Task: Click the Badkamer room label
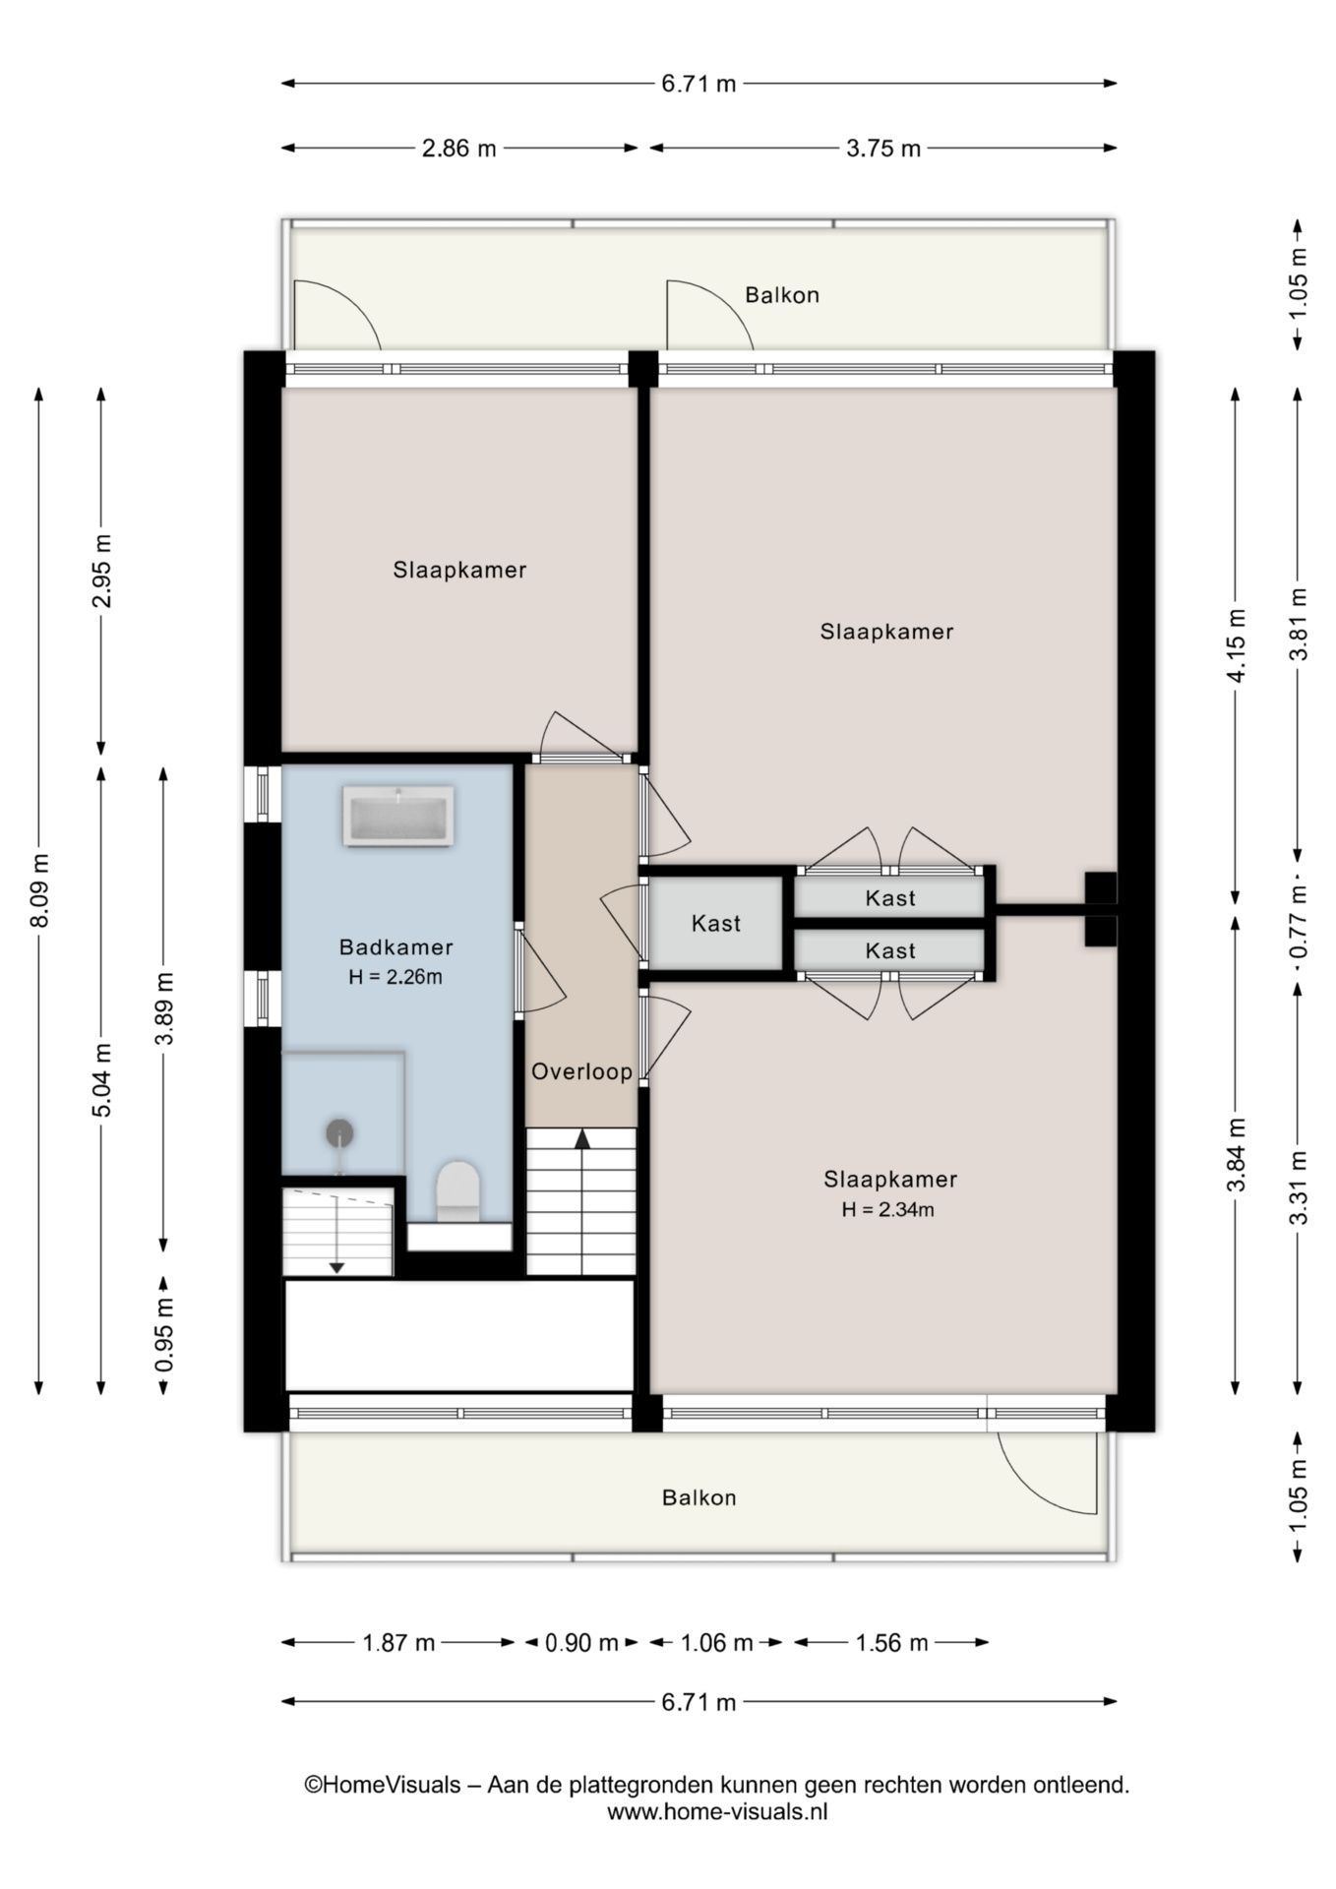point(395,947)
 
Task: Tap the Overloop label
point(581,1071)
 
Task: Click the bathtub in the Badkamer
point(397,816)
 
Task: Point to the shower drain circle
point(340,1133)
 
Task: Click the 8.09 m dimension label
point(39,890)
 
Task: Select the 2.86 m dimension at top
point(459,149)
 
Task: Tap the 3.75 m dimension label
point(883,149)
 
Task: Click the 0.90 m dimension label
point(581,1642)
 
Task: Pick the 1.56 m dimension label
point(891,1642)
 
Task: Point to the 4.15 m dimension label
point(1237,645)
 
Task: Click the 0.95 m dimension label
point(164,1335)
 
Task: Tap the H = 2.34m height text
point(887,1210)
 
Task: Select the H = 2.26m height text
point(395,977)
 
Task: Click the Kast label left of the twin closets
point(716,923)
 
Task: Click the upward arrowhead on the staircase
point(582,1138)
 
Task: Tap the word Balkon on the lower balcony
point(699,1497)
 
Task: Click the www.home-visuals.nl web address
point(717,1811)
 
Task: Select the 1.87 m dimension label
point(398,1642)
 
